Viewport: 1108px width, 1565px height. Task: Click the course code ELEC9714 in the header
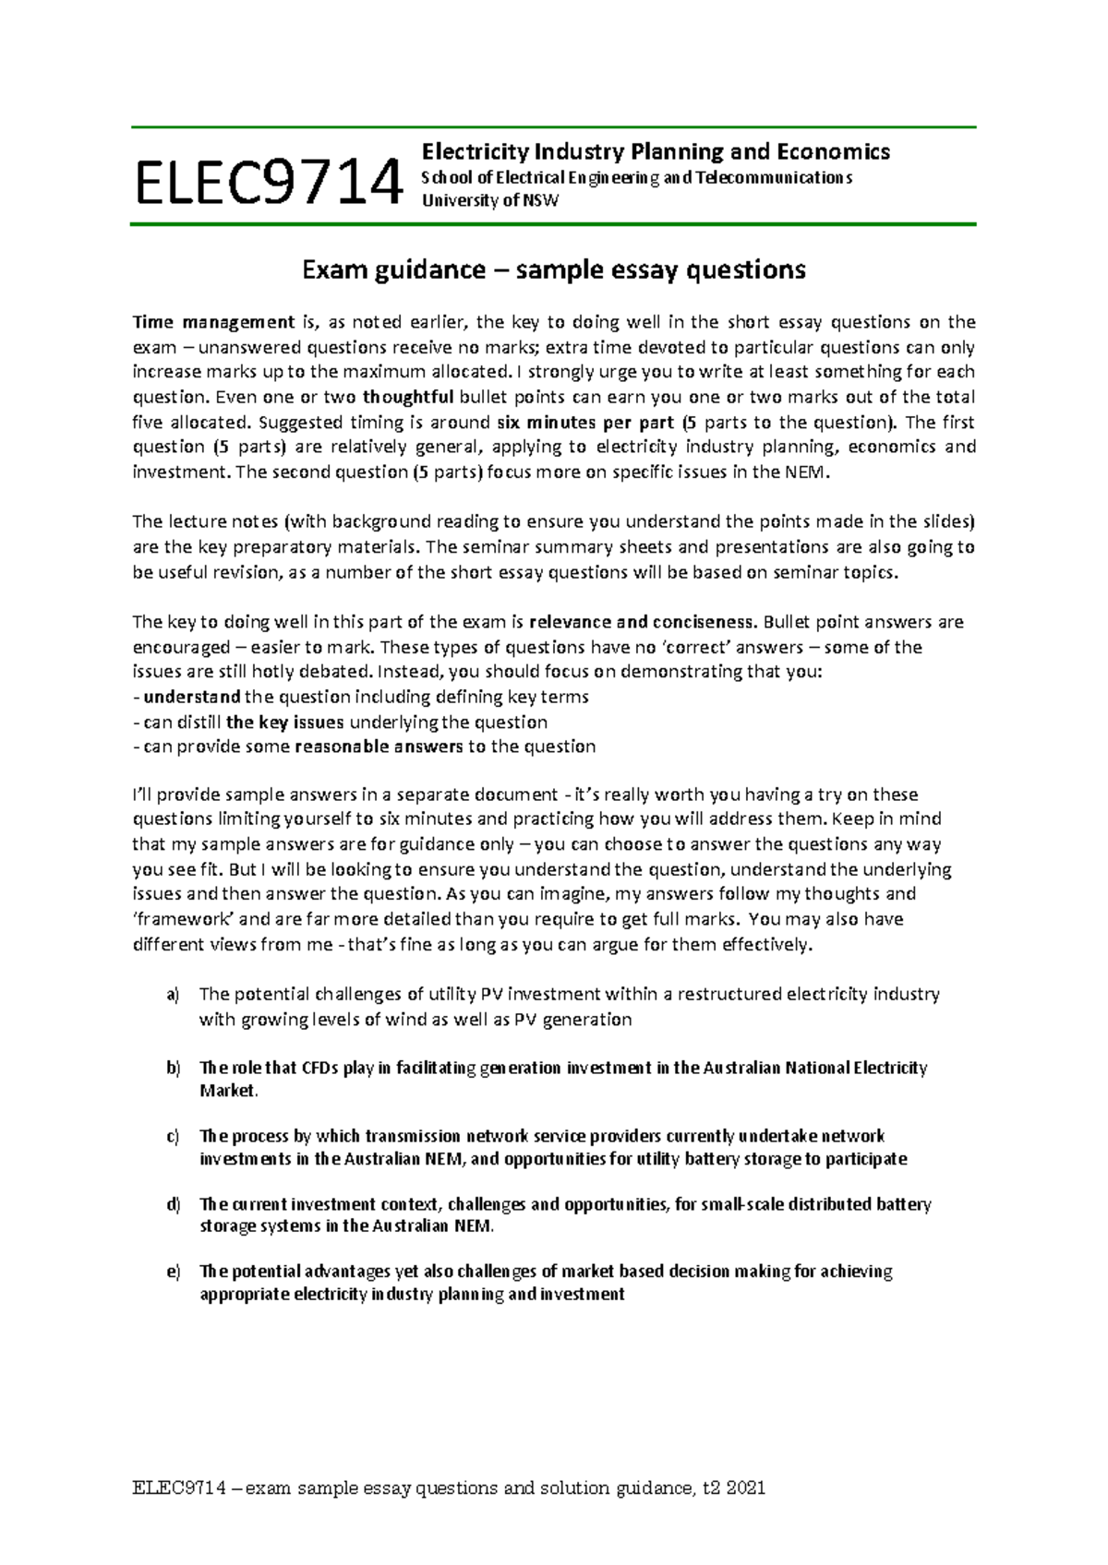pos(269,182)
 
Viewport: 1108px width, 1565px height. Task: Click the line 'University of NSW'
pos(490,200)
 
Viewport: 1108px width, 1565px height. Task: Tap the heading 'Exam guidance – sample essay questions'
pos(554,269)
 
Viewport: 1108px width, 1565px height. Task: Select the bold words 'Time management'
pos(213,322)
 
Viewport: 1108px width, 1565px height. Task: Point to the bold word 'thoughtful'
pos(407,397)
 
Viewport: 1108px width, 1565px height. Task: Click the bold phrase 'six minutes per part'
pos(572,422)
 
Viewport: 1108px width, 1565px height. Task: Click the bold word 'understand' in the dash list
pos(192,697)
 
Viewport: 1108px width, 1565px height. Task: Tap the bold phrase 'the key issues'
pos(284,722)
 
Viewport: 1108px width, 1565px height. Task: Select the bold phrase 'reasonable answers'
pos(379,746)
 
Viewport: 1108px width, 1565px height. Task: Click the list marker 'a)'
pos(173,994)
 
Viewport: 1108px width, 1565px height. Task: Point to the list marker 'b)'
pos(173,1068)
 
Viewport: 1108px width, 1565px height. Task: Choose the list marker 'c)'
pos(173,1136)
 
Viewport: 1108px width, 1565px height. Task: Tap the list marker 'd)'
pos(173,1204)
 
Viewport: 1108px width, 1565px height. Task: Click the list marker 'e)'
pos(173,1272)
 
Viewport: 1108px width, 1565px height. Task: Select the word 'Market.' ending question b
pos(229,1091)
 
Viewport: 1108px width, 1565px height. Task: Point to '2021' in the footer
pos(746,1487)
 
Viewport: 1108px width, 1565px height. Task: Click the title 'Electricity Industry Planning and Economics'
pos(656,151)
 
